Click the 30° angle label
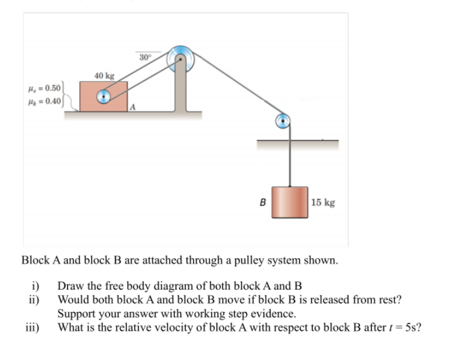[145, 56]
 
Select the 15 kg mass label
[323, 202]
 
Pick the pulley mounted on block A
[104, 97]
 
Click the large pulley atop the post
[180, 58]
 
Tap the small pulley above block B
[283, 121]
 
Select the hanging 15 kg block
[289, 202]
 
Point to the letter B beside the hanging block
[263, 201]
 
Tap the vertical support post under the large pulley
[180, 90]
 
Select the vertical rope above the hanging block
[290, 159]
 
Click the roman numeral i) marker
[36, 285]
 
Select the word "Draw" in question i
[70, 285]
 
